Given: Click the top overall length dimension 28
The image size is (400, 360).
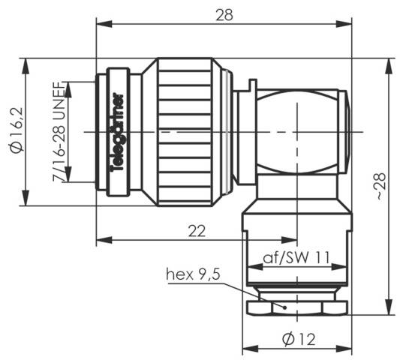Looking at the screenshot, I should click(224, 13).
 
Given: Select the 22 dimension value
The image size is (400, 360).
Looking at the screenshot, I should click(197, 232).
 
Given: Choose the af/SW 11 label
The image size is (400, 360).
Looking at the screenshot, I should click(296, 258).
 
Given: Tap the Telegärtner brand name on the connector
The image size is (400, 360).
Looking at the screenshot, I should click(118, 132).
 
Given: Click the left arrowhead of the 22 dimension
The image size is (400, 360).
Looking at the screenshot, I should click(101, 240).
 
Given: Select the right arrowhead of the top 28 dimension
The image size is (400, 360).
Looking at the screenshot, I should click(348, 22).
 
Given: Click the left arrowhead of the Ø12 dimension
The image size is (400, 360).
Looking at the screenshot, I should click(246, 348).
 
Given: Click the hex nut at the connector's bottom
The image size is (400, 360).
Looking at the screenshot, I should click(297, 307).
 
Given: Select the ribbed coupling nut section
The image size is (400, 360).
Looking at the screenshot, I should click(188, 132).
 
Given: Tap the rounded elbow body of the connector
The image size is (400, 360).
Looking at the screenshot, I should click(300, 132).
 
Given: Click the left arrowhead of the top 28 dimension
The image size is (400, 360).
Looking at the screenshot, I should click(101, 22).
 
